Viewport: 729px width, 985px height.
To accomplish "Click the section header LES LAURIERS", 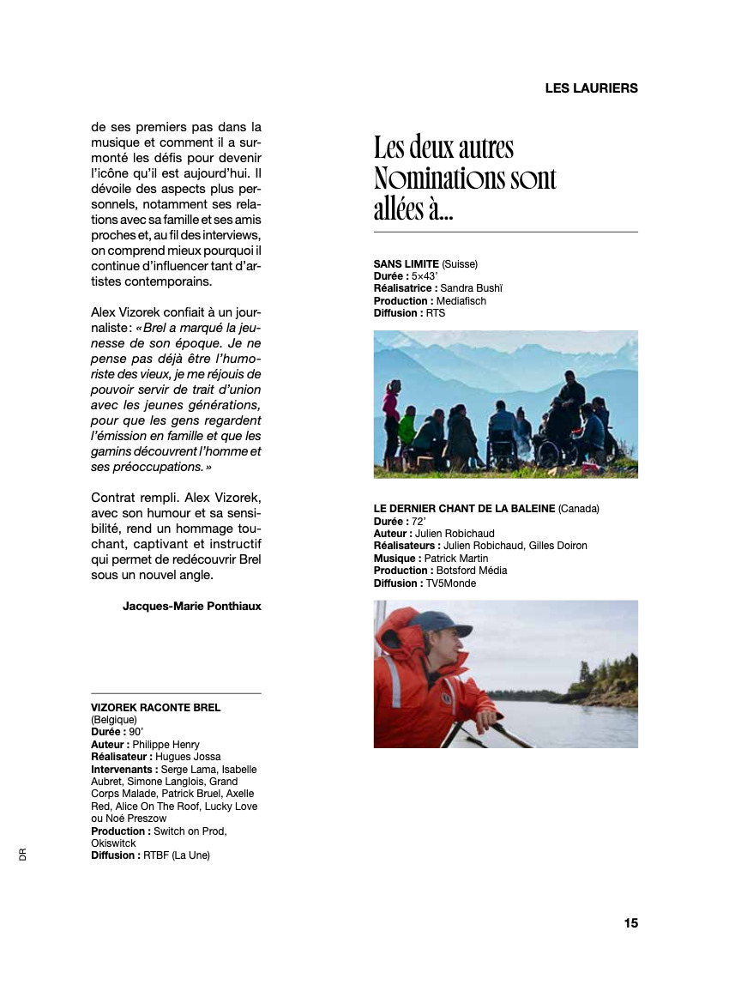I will pyautogui.click(x=591, y=88).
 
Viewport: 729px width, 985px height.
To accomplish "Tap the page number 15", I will pyautogui.click(x=630, y=923).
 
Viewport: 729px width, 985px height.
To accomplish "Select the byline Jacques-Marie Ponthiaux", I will pyautogui.click(x=191, y=606).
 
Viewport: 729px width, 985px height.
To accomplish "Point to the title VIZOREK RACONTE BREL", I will pyautogui.click(x=155, y=708).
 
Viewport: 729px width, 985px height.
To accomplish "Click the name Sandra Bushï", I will pyautogui.click(x=471, y=288).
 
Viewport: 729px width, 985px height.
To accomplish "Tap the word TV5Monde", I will pyautogui.click(x=450, y=583).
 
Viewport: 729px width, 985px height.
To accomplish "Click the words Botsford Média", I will pyautogui.click(x=471, y=571).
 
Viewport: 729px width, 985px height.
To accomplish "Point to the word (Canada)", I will pyautogui.click(x=579, y=509).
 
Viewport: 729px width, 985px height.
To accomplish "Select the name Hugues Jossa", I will pyautogui.click(x=188, y=757).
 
